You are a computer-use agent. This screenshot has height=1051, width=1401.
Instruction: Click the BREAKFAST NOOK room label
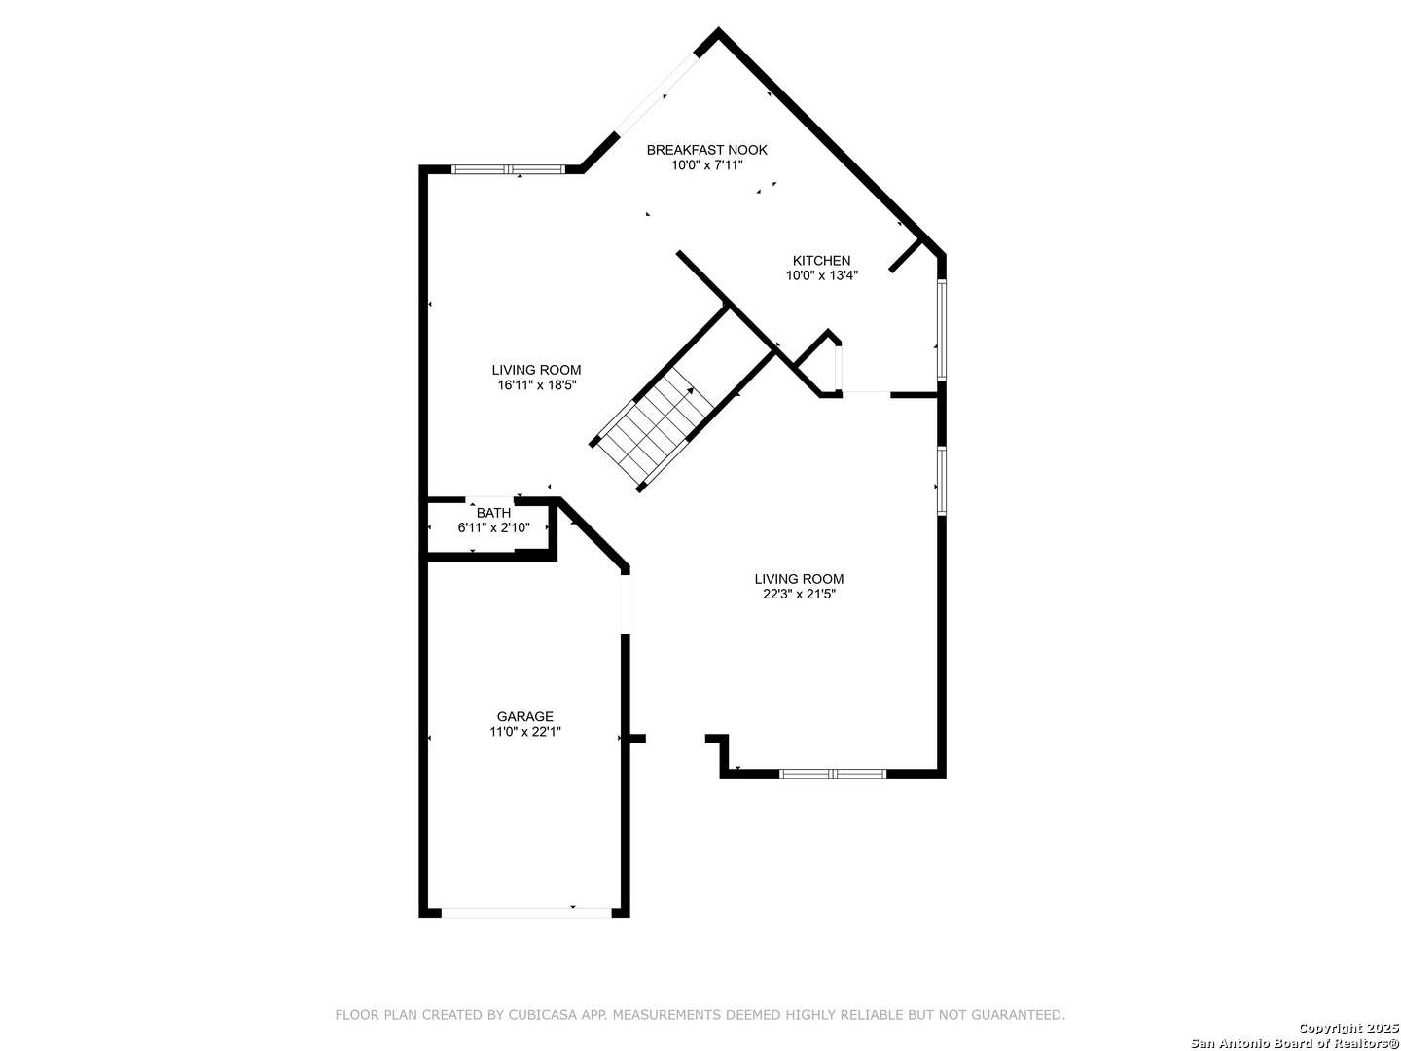point(706,150)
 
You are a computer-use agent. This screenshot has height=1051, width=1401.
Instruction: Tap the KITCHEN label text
point(821,261)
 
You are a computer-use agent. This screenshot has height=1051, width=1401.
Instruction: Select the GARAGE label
point(525,716)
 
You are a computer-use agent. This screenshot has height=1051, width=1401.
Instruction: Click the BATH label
point(493,513)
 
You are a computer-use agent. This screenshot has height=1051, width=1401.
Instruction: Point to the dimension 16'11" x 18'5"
point(537,384)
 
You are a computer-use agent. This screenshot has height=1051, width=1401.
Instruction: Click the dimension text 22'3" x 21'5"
point(799,594)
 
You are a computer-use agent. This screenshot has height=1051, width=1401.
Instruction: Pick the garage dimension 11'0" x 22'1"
point(525,732)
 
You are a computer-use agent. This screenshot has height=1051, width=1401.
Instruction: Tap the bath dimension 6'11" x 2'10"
point(493,527)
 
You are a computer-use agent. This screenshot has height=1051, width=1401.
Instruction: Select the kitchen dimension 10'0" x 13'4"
point(821,275)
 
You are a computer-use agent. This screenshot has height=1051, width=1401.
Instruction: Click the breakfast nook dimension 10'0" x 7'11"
point(706,165)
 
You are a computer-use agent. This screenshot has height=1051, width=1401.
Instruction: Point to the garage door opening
point(526,913)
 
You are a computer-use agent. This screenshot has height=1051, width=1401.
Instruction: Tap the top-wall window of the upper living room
point(508,169)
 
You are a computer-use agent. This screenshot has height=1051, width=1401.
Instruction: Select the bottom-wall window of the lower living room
point(832,774)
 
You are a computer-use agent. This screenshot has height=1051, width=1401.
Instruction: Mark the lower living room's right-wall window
point(942,481)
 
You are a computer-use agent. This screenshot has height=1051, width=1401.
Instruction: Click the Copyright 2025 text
point(1348,1028)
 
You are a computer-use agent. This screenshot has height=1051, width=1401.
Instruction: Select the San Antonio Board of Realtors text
point(1295,1043)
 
